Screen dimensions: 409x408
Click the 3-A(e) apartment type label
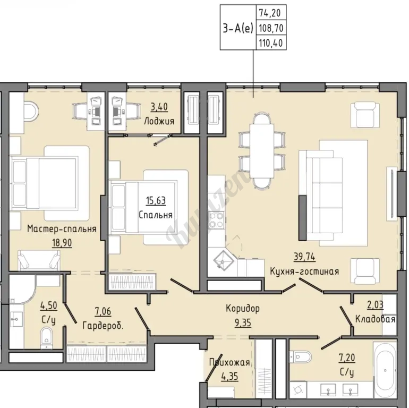238,28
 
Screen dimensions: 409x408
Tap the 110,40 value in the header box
271,43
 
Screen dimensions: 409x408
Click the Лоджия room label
159,121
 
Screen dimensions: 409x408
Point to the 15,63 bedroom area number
156,201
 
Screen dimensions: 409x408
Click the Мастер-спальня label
62,229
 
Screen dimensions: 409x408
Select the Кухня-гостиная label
304,271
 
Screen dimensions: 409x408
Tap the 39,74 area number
304,257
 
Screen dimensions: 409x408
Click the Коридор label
243,309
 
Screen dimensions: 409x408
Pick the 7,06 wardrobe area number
103,311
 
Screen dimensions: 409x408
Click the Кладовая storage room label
375,319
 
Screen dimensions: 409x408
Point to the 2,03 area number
375,305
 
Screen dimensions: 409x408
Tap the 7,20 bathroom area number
347,358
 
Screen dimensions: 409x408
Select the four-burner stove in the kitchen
217,219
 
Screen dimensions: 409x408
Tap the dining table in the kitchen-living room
262,151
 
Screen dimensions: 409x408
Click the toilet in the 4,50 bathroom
47,338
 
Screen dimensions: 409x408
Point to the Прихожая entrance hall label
229,362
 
